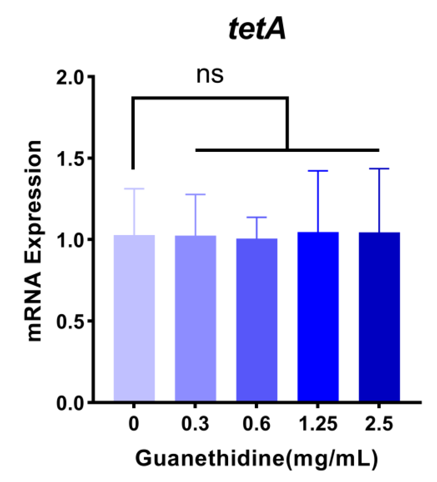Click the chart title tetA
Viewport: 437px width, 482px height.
257,29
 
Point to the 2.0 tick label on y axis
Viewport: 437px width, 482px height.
70,77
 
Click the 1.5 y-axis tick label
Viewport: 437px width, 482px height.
70,159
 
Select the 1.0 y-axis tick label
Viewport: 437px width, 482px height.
70,240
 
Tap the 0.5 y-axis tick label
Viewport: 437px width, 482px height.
70,321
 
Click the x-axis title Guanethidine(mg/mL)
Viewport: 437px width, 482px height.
257,458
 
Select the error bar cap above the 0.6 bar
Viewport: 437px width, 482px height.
257,217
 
